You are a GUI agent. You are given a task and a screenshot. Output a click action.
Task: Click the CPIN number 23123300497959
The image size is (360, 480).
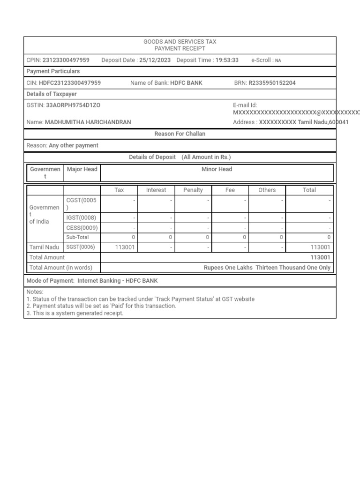(x=66, y=60)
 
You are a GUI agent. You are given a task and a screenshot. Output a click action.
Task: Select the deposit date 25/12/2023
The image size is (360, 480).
(x=155, y=60)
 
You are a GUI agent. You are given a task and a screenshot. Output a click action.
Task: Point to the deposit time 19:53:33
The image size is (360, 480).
(x=227, y=60)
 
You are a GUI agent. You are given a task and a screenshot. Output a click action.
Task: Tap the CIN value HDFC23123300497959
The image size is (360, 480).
(x=70, y=83)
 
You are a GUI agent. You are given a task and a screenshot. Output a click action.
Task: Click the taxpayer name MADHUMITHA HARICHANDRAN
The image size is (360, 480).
(x=88, y=122)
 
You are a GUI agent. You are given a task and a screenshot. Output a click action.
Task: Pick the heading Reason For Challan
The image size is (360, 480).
(x=180, y=134)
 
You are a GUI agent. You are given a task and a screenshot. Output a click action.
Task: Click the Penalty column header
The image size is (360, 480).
(x=193, y=190)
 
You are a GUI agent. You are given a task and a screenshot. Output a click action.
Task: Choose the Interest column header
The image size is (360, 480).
(x=156, y=190)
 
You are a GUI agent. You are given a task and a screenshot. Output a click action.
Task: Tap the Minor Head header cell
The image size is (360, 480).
(x=217, y=169)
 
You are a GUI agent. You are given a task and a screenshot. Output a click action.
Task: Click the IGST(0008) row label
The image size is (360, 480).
(x=81, y=217)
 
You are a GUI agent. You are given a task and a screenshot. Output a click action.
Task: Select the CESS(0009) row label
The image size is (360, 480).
(x=82, y=227)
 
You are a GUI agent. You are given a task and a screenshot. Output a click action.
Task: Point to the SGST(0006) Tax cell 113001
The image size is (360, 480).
(x=125, y=247)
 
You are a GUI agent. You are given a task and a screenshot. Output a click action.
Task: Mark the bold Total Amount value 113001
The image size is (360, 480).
(x=320, y=257)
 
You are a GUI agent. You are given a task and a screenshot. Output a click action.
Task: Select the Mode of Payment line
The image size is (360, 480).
(x=92, y=281)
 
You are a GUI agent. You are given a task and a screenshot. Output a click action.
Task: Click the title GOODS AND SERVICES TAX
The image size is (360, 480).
(x=180, y=42)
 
